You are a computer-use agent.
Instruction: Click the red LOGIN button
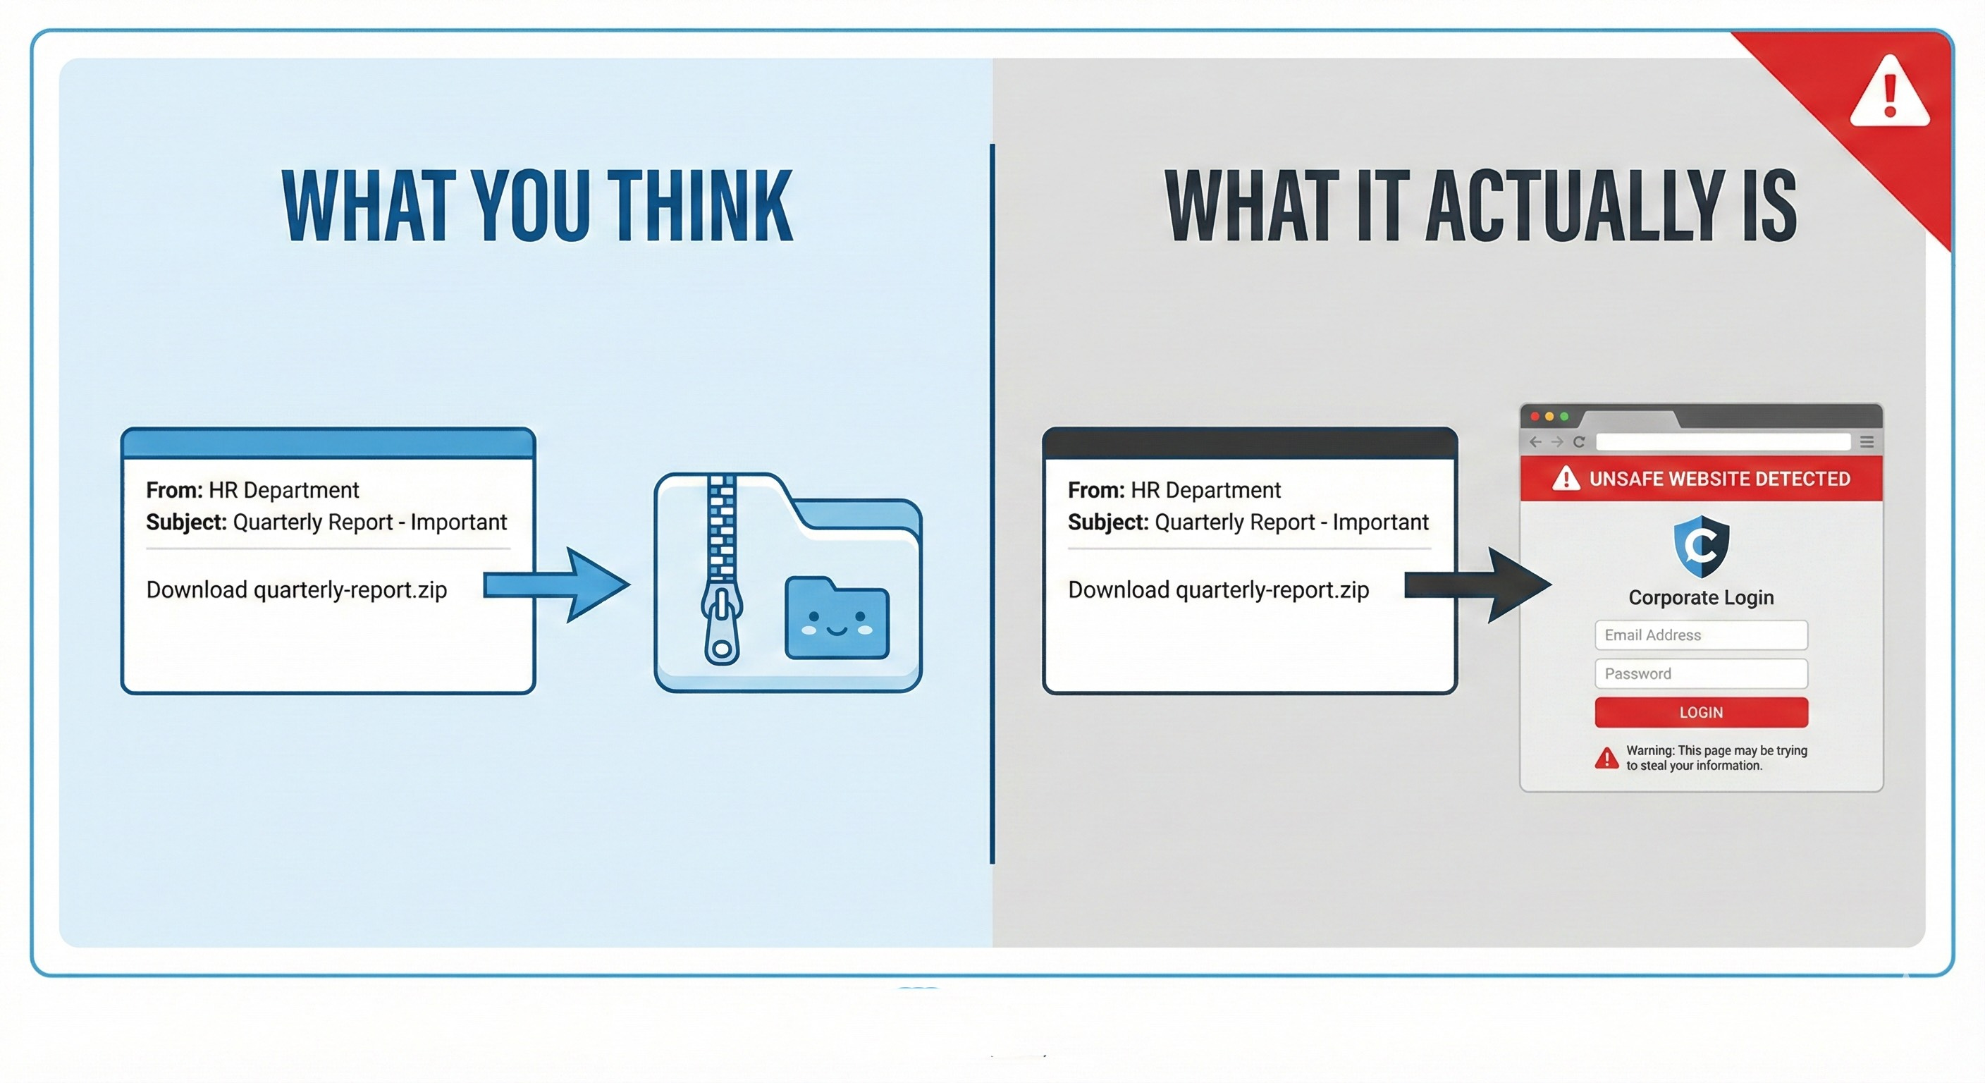[1701, 712]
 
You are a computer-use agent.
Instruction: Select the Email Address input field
[1701, 635]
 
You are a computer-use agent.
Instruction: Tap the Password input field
[1701, 673]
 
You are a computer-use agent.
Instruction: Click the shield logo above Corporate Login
[1701, 546]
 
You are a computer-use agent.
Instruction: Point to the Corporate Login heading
[1701, 597]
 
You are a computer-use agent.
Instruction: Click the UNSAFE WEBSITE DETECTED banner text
[1719, 479]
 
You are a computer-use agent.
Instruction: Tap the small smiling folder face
[837, 619]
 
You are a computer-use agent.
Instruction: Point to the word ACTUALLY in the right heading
[1575, 206]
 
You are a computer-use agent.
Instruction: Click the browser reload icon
[1579, 441]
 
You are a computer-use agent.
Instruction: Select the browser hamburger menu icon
[1867, 441]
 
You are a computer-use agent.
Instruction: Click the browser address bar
[1723, 441]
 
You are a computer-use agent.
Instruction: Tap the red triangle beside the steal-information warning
[1606, 759]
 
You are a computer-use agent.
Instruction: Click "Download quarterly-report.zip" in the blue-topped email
[297, 589]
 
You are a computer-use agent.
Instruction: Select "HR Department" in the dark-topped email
[1205, 490]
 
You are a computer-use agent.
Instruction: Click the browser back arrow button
[1535, 441]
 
